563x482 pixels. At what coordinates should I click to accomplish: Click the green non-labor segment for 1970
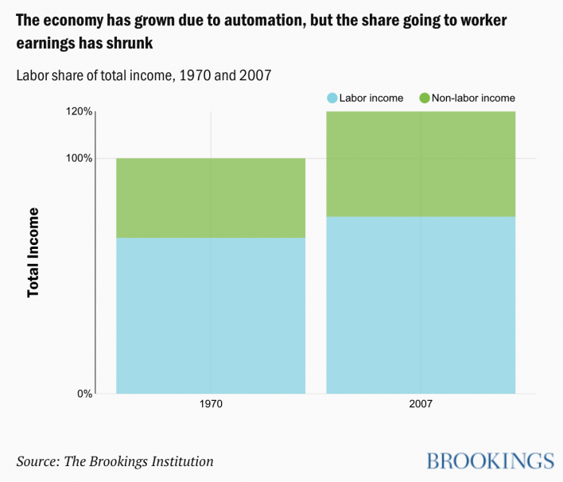(211, 198)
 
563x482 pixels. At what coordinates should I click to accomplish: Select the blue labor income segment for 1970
(211, 315)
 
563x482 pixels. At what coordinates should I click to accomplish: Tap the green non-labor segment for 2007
(421, 164)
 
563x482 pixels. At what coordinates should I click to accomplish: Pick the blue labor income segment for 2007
(421, 305)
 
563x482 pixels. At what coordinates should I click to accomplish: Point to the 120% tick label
(79, 111)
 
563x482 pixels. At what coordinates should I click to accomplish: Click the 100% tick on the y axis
(79, 158)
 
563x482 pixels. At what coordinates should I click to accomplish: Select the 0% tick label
(84, 393)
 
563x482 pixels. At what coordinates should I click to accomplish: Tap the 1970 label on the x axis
(211, 404)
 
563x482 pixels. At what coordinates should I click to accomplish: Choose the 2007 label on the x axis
(421, 404)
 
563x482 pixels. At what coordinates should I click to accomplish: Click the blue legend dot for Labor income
(332, 98)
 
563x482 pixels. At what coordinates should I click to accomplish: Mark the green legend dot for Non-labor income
(425, 98)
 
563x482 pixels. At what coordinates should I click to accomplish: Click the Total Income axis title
(33, 252)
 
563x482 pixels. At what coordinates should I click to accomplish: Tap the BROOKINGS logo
(490, 461)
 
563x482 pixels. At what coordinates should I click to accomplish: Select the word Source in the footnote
(38, 461)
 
